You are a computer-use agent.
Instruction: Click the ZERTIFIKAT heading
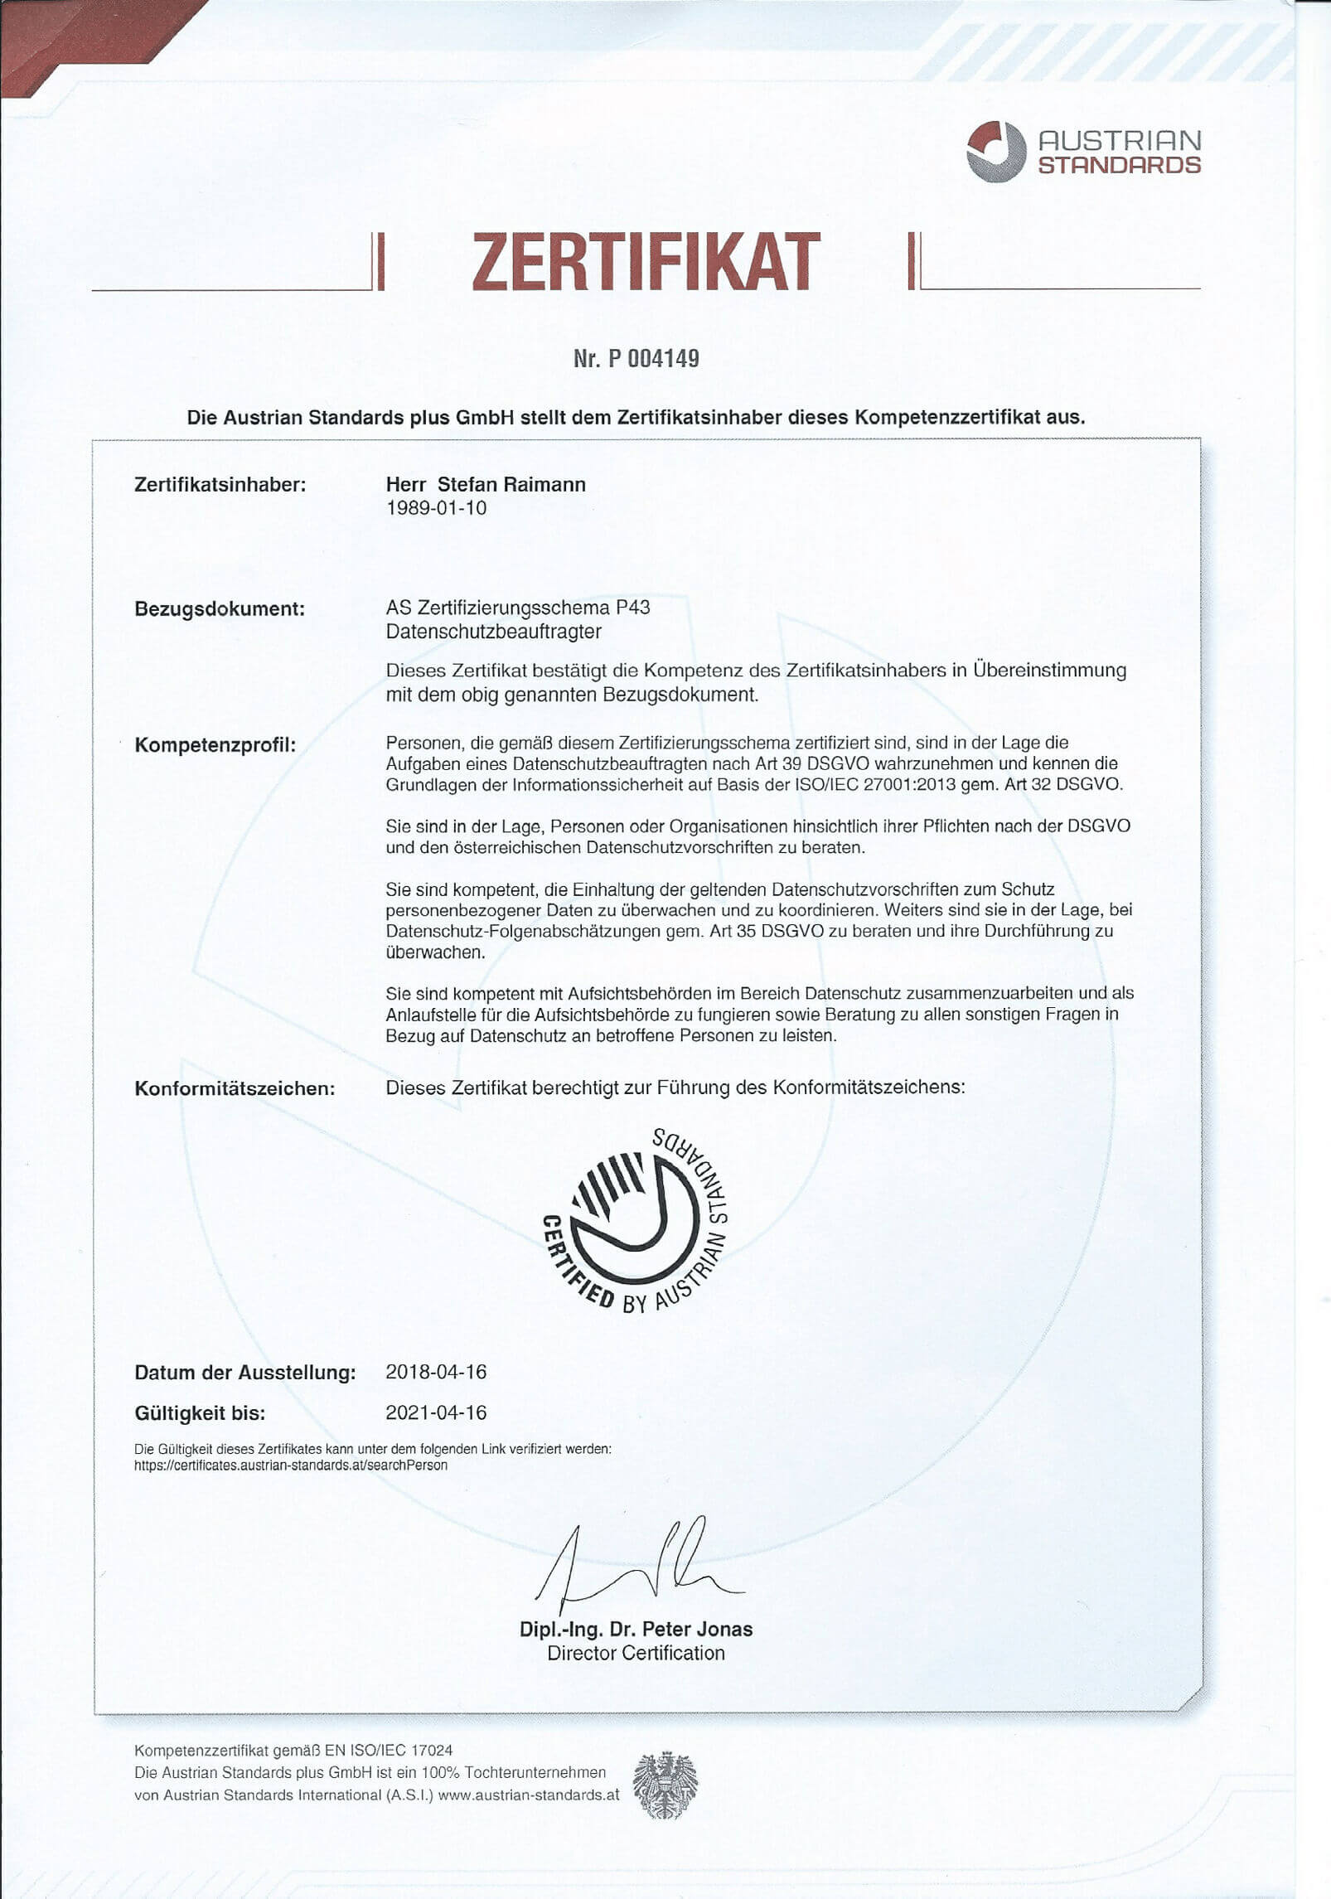tap(646, 262)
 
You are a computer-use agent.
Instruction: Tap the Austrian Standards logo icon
tap(995, 151)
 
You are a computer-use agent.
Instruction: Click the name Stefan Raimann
tap(511, 485)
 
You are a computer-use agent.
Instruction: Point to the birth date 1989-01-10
tap(436, 508)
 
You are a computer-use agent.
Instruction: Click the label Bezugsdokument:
tap(220, 609)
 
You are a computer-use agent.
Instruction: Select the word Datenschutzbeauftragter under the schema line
tap(493, 632)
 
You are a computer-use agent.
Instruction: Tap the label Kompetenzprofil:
tap(215, 745)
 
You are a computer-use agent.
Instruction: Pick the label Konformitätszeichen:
tap(235, 1088)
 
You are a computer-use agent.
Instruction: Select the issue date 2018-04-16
tap(436, 1372)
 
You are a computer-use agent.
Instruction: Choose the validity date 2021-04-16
tap(436, 1412)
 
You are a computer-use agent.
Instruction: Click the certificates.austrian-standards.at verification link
tap(291, 1465)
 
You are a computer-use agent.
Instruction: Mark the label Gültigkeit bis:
tap(200, 1413)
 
